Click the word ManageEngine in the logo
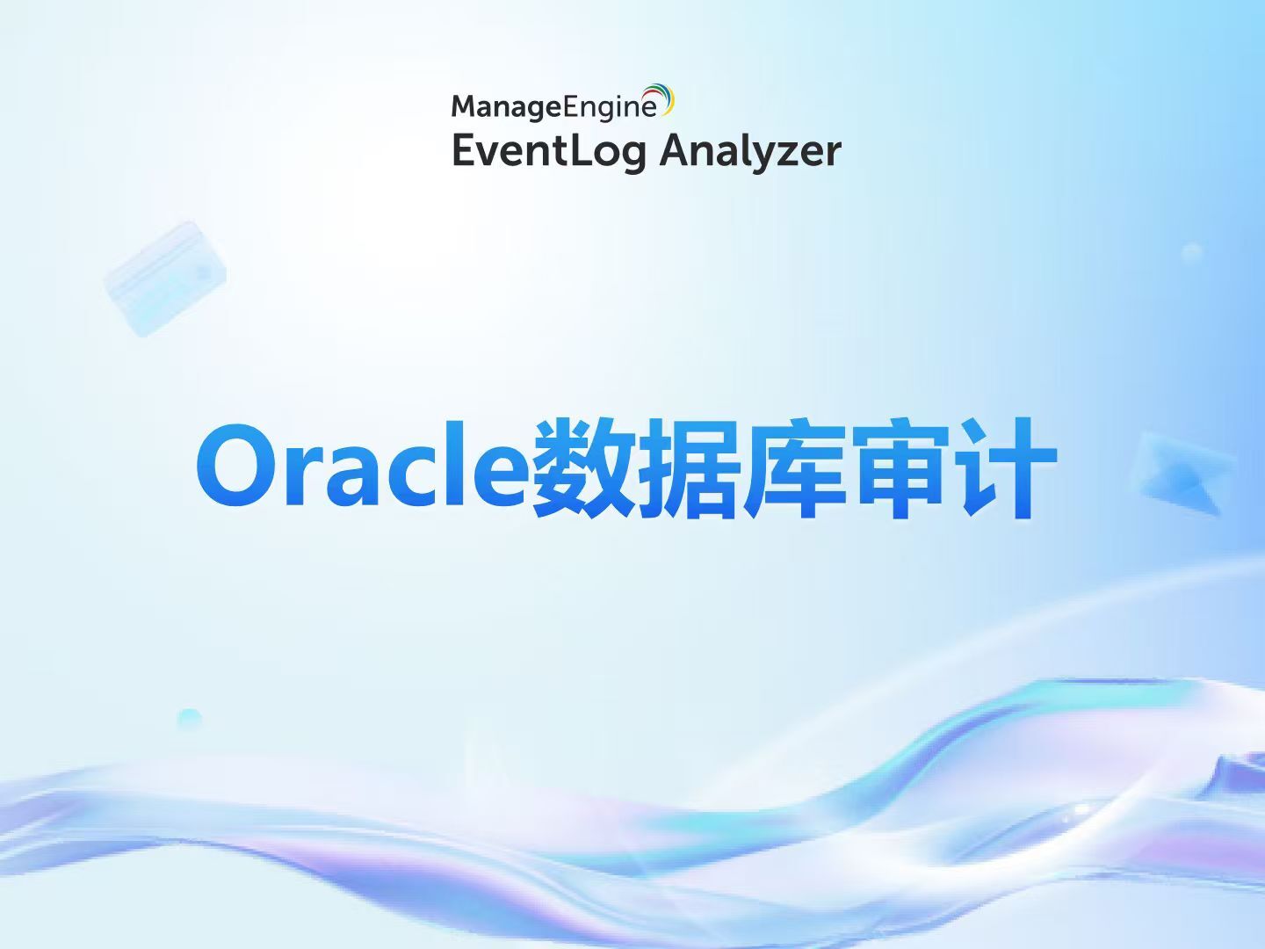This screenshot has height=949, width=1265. pos(553,106)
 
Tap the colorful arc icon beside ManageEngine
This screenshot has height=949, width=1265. pos(661,98)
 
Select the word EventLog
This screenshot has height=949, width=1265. pos(549,150)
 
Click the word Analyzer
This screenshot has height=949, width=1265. pos(750,151)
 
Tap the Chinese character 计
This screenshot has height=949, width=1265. pos(1006,467)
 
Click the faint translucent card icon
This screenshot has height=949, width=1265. pos(165,279)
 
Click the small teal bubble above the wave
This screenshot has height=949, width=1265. pos(189,719)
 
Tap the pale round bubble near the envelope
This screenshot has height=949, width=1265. pos(1191,253)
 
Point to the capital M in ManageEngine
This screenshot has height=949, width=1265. pos(465,106)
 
